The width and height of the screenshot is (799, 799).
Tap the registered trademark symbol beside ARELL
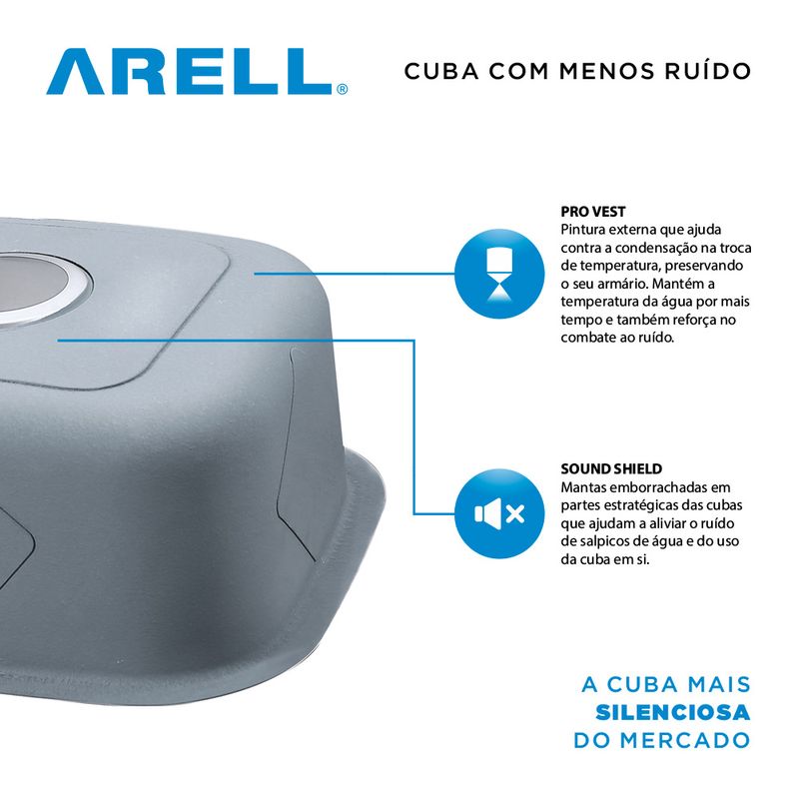tap(342, 89)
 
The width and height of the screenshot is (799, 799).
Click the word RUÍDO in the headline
tap(708, 71)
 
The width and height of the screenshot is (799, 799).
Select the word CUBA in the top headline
tap(441, 71)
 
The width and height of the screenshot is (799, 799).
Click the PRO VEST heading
tap(593, 212)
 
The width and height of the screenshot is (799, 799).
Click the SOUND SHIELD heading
tap(611, 468)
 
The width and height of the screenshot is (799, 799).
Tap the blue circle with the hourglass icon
tap(499, 274)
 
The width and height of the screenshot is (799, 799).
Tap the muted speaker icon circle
tap(499, 513)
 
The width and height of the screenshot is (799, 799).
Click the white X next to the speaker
tap(515, 514)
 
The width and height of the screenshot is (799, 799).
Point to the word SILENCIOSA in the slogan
tap(672, 712)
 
